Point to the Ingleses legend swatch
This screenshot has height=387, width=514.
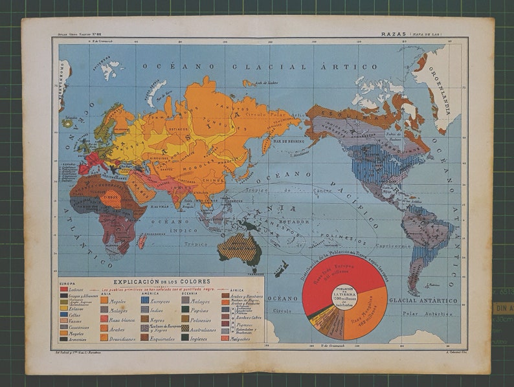(186, 337)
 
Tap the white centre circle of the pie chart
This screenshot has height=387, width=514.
(344, 297)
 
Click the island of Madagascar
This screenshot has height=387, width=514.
(142, 241)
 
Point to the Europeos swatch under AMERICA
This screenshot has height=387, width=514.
(145, 300)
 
